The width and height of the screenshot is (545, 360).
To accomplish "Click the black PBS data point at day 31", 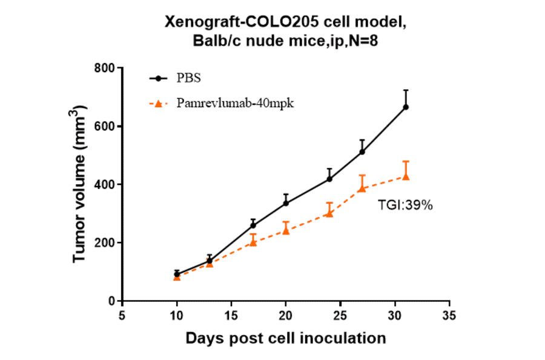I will [x=406, y=107].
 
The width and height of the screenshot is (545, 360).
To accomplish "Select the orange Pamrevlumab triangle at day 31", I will [x=406, y=176].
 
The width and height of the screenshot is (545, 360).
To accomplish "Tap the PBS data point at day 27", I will [x=362, y=152].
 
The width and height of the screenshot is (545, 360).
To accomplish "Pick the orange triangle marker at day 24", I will [x=329, y=213].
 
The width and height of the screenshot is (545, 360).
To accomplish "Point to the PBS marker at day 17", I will [x=253, y=225].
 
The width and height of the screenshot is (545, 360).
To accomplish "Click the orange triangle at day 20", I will [x=286, y=230].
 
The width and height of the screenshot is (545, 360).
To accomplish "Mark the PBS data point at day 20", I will [x=286, y=204].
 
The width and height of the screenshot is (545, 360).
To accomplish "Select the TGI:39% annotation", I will [x=406, y=205].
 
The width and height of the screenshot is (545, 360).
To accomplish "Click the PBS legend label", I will [x=188, y=78].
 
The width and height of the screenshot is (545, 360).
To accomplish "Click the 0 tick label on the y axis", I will [x=111, y=301].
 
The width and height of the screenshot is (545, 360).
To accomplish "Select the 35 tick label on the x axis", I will [x=449, y=316].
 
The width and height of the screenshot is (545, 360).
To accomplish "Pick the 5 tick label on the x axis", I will [x=122, y=316].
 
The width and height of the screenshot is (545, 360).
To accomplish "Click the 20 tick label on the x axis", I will [x=286, y=316].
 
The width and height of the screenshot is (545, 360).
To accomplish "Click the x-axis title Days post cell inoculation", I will [x=285, y=338].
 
